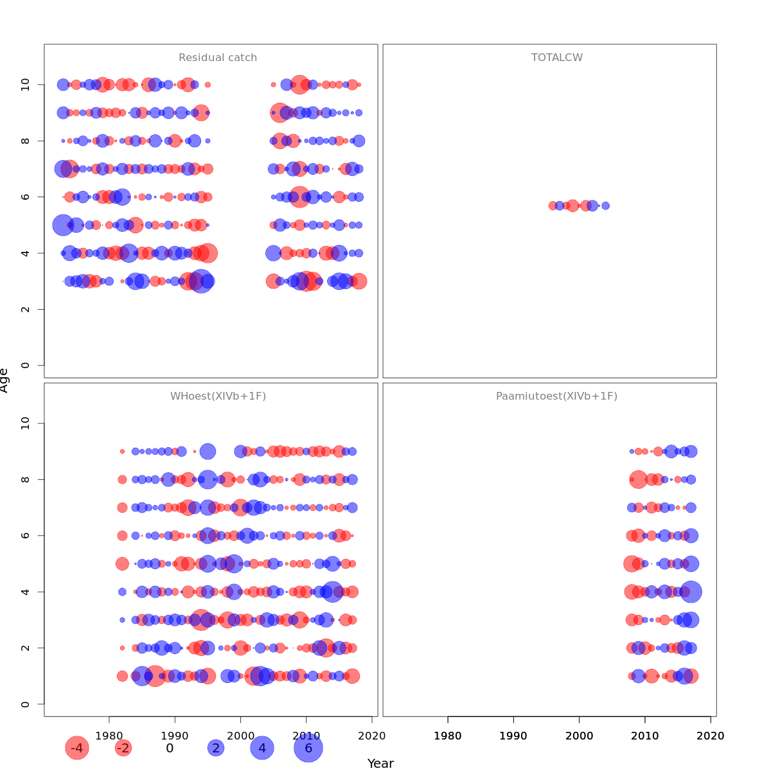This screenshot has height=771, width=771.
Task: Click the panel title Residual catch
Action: point(218,58)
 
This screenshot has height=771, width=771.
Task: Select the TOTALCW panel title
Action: point(557,58)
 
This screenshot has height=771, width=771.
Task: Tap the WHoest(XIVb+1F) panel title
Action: point(218,396)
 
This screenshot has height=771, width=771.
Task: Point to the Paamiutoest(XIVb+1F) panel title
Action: point(556,396)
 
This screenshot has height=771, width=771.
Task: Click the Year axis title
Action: point(380,763)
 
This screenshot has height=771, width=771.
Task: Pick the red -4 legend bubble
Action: point(76,748)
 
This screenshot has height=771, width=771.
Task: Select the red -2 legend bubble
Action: point(123,748)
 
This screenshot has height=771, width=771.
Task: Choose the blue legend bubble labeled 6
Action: point(308,748)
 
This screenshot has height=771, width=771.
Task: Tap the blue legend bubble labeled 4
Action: point(262,748)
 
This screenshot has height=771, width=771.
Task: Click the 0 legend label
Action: point(170,748)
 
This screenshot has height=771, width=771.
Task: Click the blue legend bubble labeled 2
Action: point(216,748)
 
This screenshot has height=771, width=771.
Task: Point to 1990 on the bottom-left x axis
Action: point(175,736)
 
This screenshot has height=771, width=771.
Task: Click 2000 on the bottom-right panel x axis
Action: point(580,736)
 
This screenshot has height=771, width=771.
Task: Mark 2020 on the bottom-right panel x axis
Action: point(711,736)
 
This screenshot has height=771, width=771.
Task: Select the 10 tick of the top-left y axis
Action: point(26,85)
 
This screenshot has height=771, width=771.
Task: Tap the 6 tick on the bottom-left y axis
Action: point(26,535)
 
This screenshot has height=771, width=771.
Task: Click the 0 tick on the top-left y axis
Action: point(26,366)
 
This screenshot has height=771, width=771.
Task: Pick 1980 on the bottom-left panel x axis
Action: point(109,736)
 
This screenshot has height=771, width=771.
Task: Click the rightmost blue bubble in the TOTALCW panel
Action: point(605,206)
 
